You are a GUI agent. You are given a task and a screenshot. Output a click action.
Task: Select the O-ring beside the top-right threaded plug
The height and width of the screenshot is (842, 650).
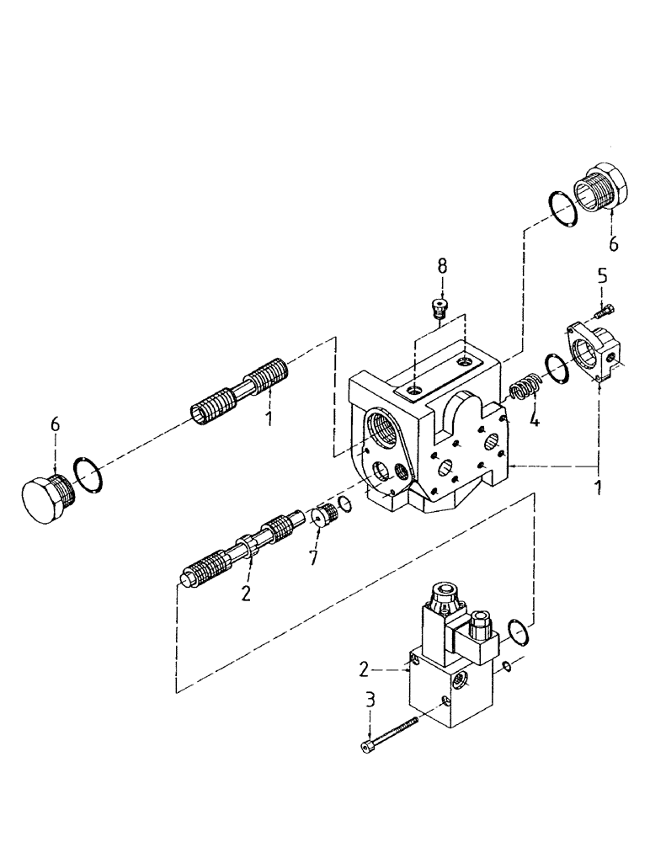click(x=558, y=209)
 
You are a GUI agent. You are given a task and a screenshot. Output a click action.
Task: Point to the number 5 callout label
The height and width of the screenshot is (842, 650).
click(x=602, y=274)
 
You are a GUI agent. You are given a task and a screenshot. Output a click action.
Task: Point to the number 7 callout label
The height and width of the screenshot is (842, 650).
click(x=313, y=557)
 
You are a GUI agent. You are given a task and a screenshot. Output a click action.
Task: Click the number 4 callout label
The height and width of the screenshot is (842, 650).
click(x=533, y=418)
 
